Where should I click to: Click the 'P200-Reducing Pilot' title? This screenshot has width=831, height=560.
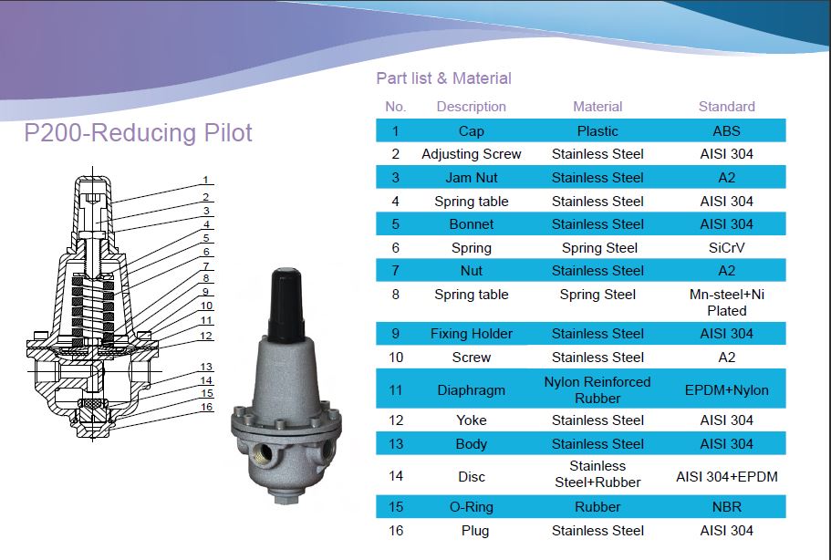tap(138, 133)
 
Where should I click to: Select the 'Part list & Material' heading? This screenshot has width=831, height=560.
tap(443, 78)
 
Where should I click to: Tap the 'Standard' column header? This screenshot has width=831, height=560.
tap(726, 107)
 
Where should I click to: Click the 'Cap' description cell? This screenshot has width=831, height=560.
tap(471, 130)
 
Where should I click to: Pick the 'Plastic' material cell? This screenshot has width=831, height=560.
tap(597, 130)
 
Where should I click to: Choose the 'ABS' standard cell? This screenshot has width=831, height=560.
tap(726, 130)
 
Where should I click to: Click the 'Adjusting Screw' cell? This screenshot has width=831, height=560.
tap(471, 154)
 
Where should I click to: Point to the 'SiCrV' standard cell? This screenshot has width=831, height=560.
tap(726, 248)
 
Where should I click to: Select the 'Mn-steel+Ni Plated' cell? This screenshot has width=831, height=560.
tap(726, 303)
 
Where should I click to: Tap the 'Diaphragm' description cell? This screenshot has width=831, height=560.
tap(471, 390)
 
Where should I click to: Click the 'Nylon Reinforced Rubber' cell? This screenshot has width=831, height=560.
tap(597, 390)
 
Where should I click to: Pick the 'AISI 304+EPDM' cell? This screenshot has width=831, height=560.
tap(726, 476)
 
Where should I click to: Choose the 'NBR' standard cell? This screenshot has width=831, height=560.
tap(726, 507)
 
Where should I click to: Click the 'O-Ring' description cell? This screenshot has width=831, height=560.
tap(471, 507)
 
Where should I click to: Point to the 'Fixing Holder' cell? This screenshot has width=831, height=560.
tap(471, 334)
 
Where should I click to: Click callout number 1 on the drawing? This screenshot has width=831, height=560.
tap(206, 180)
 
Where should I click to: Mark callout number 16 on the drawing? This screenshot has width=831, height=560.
tap(207, 407)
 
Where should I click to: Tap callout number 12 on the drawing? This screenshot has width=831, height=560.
tap(207, 336)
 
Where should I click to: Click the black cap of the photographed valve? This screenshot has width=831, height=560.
tap(286, 301)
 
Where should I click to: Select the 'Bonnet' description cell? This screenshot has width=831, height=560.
tap(471, 224)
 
